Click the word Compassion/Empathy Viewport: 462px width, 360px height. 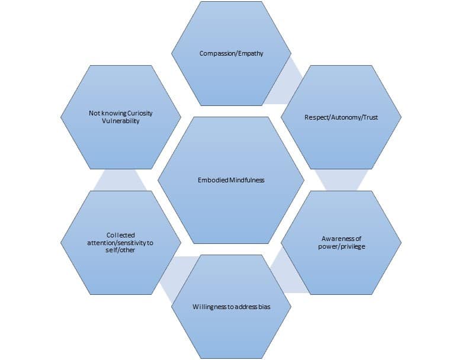[x=231, y=53]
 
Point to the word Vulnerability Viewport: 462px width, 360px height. [x=120, y=121]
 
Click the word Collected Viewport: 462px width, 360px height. [x=121, y=235]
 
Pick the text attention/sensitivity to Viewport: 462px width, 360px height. [x=120, y=243]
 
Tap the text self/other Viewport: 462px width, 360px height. [x=121, y=251]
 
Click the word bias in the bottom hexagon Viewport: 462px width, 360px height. [x=264, y=307]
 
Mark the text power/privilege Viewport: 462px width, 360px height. [x=341, y=246]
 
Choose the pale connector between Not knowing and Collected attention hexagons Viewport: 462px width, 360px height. [x=120, y=180]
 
